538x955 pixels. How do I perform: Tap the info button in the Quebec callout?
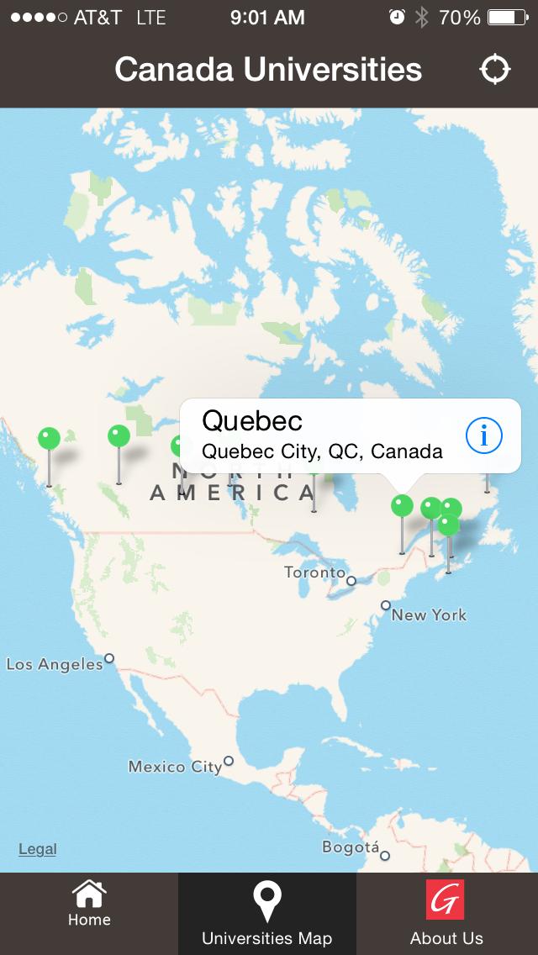coord(483,435)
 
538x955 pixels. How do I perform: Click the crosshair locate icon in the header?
coord(495,70)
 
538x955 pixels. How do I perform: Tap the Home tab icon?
coord(89,894)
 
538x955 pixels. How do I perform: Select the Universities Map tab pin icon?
coord(267,902)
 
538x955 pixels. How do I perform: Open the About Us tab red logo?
coord(445,902)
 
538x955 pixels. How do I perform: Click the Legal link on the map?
coord(38,849)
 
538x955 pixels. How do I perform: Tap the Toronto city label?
coord(314,572)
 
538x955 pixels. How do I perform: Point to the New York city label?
coord(429,615)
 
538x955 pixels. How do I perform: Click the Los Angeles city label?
coord(55,664)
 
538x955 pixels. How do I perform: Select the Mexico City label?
coord(175,767)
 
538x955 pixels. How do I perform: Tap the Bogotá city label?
coord(351,847)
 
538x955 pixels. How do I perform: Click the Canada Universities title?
coord(268,70)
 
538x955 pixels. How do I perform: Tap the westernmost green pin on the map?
coord(49,438)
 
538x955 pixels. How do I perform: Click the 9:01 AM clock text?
coord(268,17)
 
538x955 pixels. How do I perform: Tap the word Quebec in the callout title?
coord(252,419)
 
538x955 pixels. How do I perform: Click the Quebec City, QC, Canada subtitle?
coord(322,451)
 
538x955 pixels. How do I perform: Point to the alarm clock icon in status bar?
coord(397,17)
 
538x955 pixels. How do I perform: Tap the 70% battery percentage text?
coord(460,17)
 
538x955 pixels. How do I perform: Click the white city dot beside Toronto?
coord(351,580)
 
